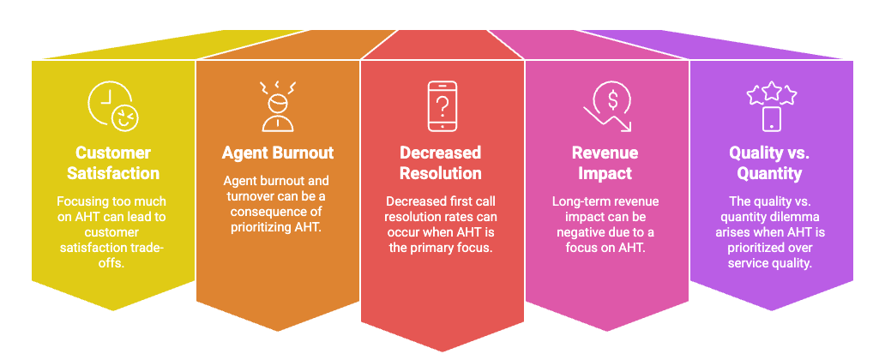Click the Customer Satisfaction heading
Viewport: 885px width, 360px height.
(x=113, y=163)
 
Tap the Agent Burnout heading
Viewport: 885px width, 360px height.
(x=278, y=153)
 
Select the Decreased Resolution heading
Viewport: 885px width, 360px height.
(x=441, y=163)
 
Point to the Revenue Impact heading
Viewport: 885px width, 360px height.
(x=605, y=163)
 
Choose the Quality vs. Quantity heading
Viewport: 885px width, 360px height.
(x=771, y=163)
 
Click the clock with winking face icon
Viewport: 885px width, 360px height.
(x=113, y=106)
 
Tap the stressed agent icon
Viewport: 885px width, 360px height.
(x=278, y=106)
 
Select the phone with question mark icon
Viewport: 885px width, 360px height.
(x=442, y=106)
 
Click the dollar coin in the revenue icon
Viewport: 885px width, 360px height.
(x=612, y=99)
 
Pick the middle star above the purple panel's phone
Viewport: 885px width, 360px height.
(x=772, y=92)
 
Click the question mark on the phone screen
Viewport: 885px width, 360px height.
(x=442, y=105)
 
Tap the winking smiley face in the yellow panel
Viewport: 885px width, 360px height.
(x=125, y=118)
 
